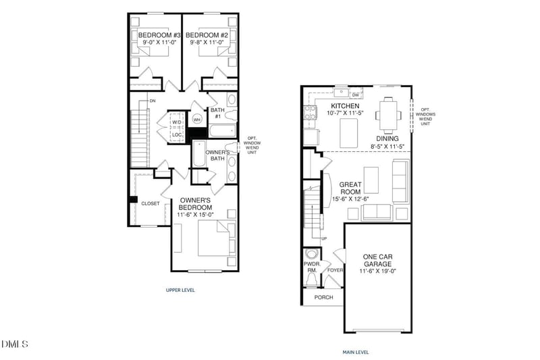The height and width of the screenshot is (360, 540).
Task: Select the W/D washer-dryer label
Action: coord(176,122)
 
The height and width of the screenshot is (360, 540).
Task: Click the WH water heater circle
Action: coord(198,120)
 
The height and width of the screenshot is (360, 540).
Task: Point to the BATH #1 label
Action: coord(217,113)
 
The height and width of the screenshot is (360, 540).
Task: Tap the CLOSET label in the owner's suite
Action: coord(150,203)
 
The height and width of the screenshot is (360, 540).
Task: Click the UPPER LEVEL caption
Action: coord(180,290)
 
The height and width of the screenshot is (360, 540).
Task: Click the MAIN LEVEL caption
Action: coord(355,351)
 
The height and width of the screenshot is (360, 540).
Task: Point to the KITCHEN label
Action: coord(344,107)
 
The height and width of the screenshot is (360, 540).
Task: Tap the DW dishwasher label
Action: coord(355,95)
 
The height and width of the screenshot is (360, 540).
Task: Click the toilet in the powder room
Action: coord(312,255)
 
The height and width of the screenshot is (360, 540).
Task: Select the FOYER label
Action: coord(335,271)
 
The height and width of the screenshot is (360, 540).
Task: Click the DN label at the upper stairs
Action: coord(153,101)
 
